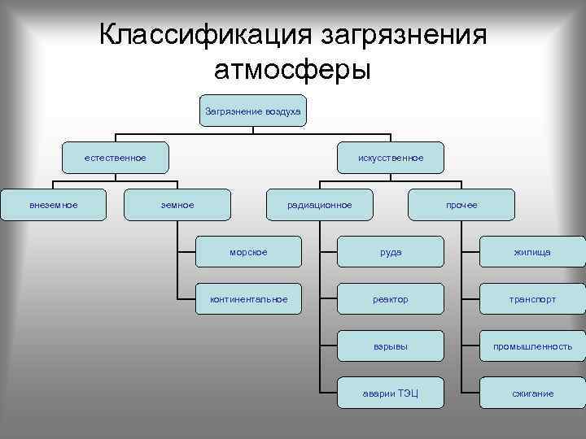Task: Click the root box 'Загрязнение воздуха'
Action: click(x=252, y=111)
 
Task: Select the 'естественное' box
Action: click(x=116, y=158)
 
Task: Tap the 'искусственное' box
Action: click(x=391, y=158)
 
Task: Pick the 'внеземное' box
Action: click(x=54, y=205)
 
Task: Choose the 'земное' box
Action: click(x=177, y=205)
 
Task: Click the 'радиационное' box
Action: click(x=320, y=205)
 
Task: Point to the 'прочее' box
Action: click(x=461, y=205)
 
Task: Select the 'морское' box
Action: click(x=248, y=252)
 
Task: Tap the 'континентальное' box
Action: click(x=248, y=299)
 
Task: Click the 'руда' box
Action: click(x=391, y=252)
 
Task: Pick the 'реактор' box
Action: click(x=391, y=299)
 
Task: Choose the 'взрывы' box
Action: click(x=391, y=346)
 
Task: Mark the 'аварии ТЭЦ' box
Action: click(x=391, y=393)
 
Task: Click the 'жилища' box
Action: click(x=532, y=252)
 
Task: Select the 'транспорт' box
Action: click(x=532, y=299)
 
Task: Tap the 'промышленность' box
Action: click(x=532, y=346)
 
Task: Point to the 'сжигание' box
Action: click(x=532, y=393)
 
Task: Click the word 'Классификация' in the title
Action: click(x=203, y=36)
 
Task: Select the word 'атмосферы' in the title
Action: click(x=292, y=70)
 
